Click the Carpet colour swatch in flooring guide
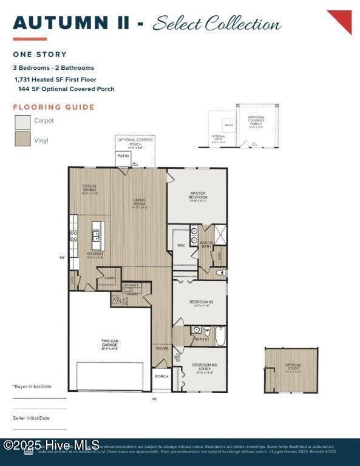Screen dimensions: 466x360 pos(22,123)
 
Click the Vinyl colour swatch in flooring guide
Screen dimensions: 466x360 pos(22,140)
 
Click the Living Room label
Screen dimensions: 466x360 pos(140,204)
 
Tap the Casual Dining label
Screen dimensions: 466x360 pos(89,188)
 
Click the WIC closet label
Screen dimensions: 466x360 pos(181,246)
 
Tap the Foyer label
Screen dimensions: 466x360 pos(161,348)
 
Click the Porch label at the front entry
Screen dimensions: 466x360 pos(161,376)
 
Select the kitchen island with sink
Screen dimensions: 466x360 pos(97,234)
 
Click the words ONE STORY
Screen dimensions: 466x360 pos(39,55)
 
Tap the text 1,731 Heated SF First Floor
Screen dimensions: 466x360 pos(55,79)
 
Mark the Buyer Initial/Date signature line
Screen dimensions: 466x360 pos(39,397)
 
